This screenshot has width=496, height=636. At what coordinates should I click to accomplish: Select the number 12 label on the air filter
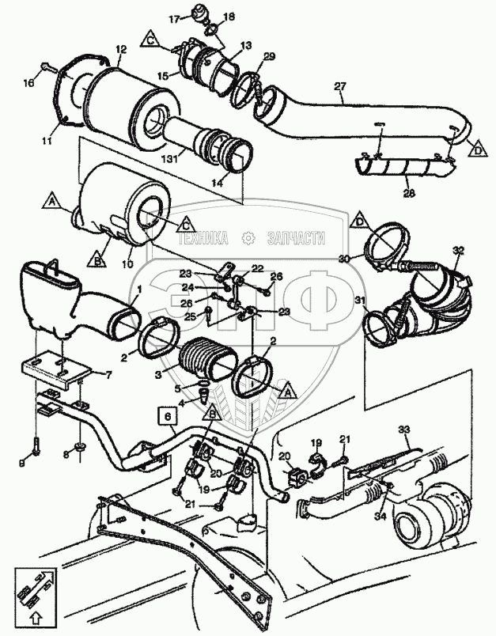coord(120,49)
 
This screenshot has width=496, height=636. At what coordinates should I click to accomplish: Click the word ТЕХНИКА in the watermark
coord(204,237)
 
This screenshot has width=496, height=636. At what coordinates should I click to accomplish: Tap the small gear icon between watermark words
coord(248,237)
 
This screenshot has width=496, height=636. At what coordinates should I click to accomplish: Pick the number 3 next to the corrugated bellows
coord(157,370)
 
